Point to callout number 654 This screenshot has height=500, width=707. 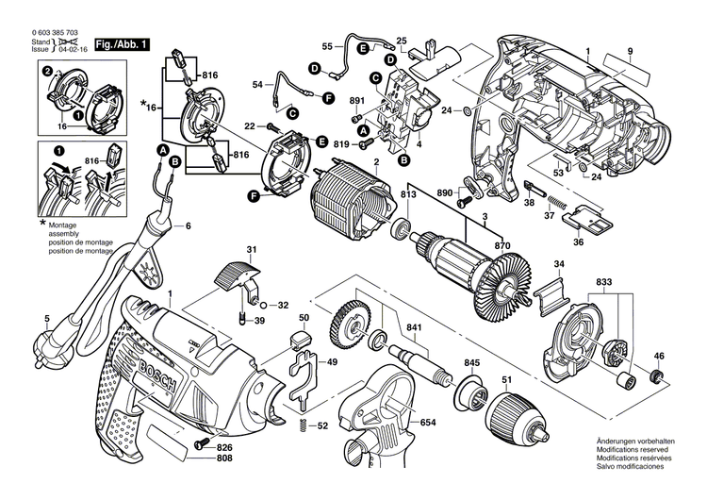point(428,423)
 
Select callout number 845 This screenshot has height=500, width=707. point(471,361)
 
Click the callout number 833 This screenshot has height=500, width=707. point(603,281)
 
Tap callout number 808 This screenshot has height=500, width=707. point(224,459)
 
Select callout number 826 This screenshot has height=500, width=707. point(224,447)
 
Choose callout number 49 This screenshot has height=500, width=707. point(332,362)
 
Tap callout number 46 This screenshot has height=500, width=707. point(659,356)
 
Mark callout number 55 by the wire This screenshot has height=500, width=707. point(326,45)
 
